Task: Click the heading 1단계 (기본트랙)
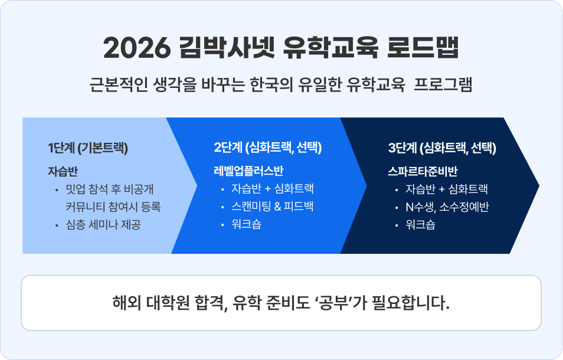coord(89,148)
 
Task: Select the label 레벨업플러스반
coord(248,172)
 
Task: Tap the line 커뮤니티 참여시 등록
coord(113,207)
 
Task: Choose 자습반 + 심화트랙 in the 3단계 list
coord(447,189)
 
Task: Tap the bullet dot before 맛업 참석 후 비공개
coord(56,190)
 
